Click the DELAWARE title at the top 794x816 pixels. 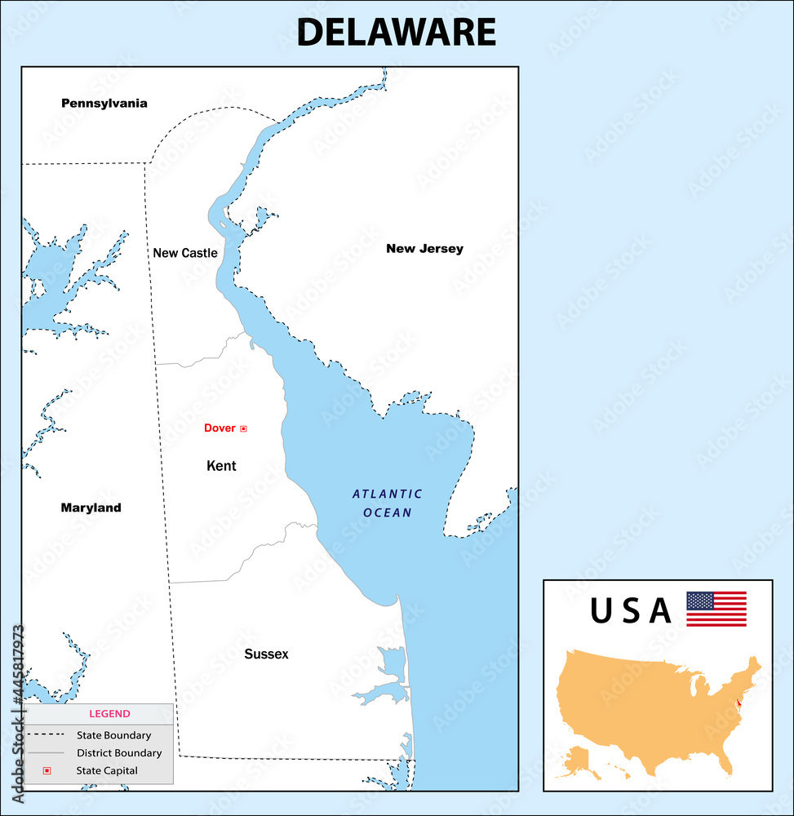(396, 33)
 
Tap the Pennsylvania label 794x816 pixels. (104, 104)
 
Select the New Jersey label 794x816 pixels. (424, 249)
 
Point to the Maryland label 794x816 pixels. (91, 508)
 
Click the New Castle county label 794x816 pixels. (185, 253)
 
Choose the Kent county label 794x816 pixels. (221, 466)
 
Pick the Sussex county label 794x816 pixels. (266, 654)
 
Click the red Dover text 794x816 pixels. (220, 428)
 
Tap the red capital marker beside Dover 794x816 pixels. (243, 428)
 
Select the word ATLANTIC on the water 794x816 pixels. (387, 494)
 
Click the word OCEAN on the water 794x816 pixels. (388, 513)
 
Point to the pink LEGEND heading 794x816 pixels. (109, 714)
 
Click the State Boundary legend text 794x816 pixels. (114, 735)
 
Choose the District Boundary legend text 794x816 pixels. (119, 753)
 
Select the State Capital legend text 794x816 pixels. (107, 770)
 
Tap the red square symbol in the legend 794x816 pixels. (47, 770)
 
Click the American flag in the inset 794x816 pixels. (716, 609)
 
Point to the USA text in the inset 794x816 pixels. (631, 611)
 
